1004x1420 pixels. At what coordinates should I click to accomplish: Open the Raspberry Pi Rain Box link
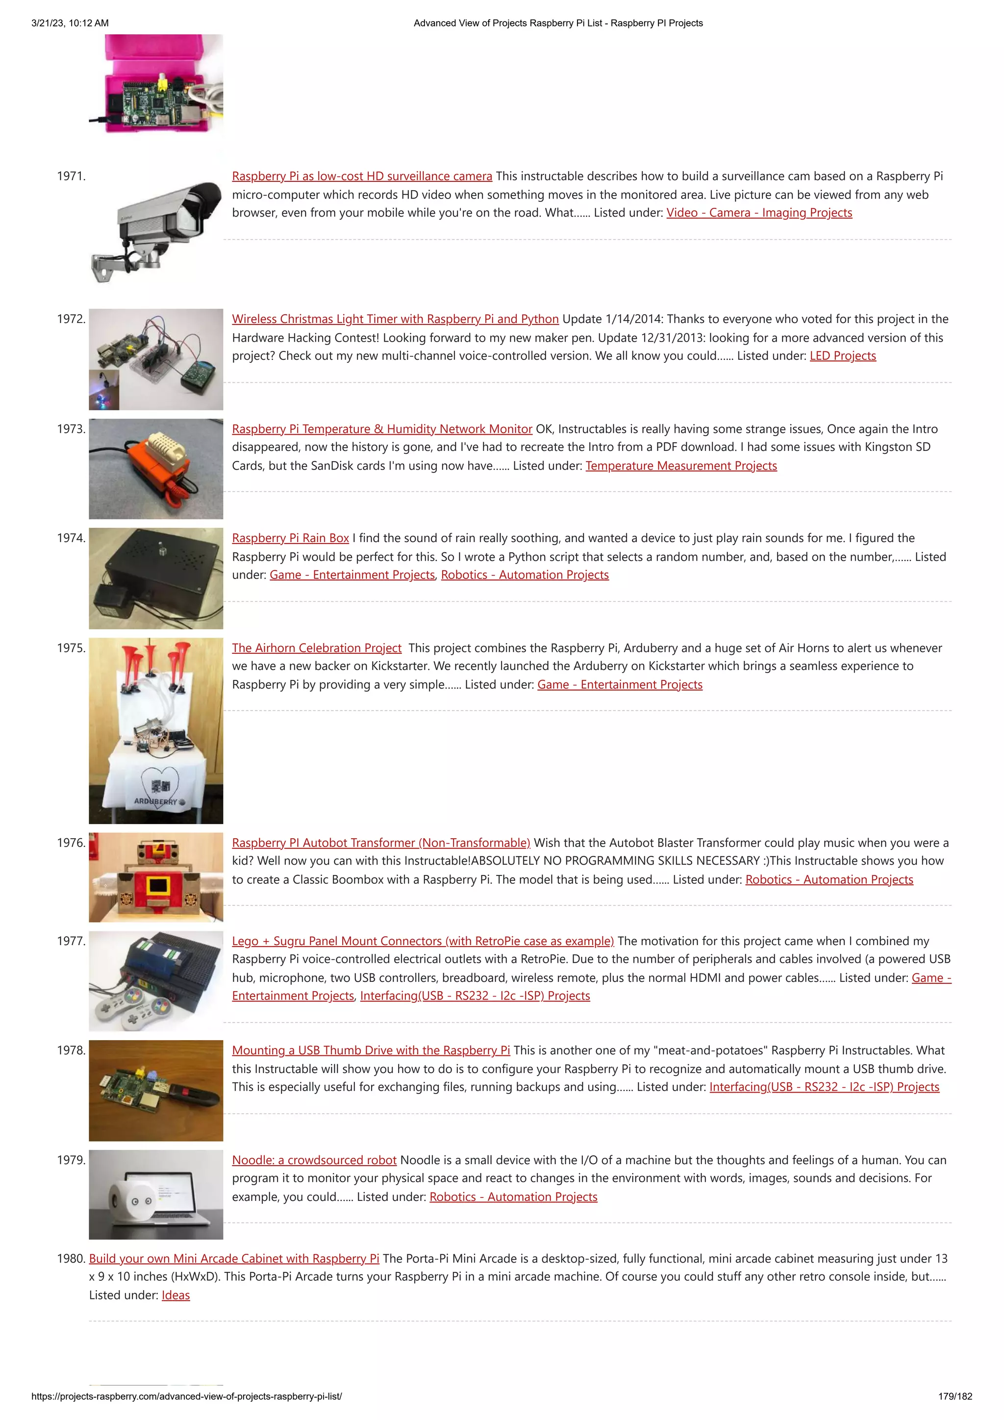click(290, 538)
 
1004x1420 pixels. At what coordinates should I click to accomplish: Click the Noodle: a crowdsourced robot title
click(314, 1160)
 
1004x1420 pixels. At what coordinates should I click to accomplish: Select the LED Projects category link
click(843, 356)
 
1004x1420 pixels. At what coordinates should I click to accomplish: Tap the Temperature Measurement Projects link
click(681, 466)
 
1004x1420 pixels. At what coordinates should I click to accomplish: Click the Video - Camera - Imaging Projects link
click(759, 213)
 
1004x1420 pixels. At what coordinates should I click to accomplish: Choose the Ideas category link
click(176, 1295)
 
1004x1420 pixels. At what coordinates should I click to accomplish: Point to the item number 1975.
click(71, 648)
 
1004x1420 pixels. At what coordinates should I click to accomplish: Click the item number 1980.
click(71, 1259)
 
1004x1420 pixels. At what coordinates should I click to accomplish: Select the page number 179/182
click(954, 1396)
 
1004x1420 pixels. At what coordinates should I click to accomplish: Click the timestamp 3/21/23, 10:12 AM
click(70, 23)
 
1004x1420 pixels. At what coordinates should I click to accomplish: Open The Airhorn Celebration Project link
click(317, 648)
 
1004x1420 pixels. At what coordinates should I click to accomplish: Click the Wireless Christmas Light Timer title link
click(395, 319)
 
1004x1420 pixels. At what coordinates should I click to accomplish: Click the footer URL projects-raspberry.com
click(186, 1396)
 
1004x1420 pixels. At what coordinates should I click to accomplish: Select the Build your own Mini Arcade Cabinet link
click(234, 1259)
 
